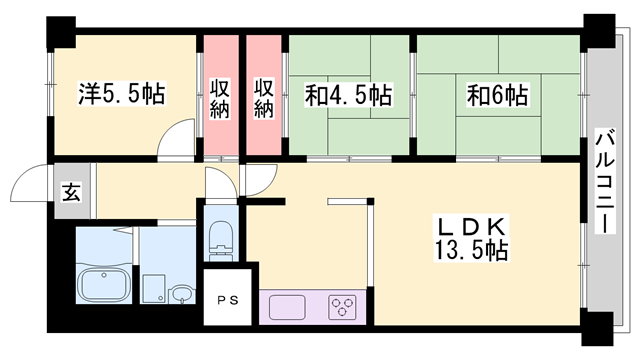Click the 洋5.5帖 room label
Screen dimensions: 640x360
pos(122,94)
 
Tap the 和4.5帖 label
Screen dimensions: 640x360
pos(349,95)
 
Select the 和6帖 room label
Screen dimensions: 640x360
pos(498,95)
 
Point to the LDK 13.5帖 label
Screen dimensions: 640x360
pos(471,239)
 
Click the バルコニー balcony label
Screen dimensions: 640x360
pos(605,181)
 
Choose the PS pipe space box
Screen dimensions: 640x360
pos(228,297)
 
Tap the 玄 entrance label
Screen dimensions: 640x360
pos(71,192)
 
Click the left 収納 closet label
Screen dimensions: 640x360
pos(220,98)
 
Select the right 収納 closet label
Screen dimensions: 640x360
pos(264,98)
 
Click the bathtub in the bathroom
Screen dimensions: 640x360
pos(104,284)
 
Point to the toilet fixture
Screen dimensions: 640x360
pos(220,241)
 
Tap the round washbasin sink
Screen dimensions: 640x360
pos(181,294)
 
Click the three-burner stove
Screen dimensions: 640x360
pos(342,308)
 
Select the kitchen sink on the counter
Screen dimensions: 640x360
pos(287,308)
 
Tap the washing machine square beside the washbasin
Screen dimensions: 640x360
pos(153,289)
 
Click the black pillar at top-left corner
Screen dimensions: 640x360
pos(61,33)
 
